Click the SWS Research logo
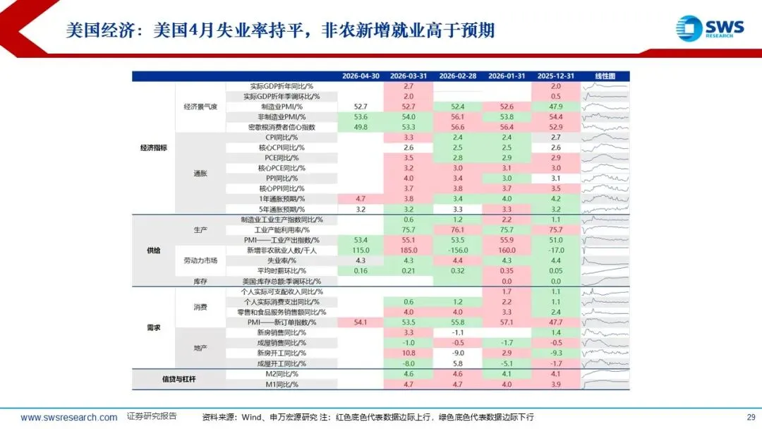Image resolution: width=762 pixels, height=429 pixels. [710, 28]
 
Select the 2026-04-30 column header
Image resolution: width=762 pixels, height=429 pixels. [361, 76]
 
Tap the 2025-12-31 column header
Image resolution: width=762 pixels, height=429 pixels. [555, 76]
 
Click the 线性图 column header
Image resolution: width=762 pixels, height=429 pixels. [605, 76]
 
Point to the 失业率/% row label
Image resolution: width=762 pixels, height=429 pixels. [282, 260]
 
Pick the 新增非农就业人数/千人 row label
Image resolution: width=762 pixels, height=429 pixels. [282, 250]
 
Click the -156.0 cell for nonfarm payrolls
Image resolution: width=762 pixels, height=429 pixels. [458, 250]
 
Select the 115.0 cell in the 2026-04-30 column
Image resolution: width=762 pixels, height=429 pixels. [361, 250]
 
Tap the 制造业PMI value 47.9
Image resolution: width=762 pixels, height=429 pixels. [555, 107]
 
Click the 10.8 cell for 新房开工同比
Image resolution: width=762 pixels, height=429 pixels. [409, 354]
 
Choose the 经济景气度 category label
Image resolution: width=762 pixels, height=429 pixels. [200, 107]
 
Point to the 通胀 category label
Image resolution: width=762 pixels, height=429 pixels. [200, 174]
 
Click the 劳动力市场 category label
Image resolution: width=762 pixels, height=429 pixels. [200, 260]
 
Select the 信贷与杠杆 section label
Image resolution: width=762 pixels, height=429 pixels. [179, 379]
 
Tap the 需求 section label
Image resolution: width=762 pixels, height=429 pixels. [154, 327]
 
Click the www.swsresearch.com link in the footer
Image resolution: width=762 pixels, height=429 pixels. [68, 417]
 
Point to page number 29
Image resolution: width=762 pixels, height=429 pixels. [751, 417]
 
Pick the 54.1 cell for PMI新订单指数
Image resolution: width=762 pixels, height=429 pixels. [361, 322]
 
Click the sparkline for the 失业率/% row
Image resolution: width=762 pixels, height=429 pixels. [605, 260]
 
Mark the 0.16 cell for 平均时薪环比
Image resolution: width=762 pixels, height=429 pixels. [361, 271]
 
